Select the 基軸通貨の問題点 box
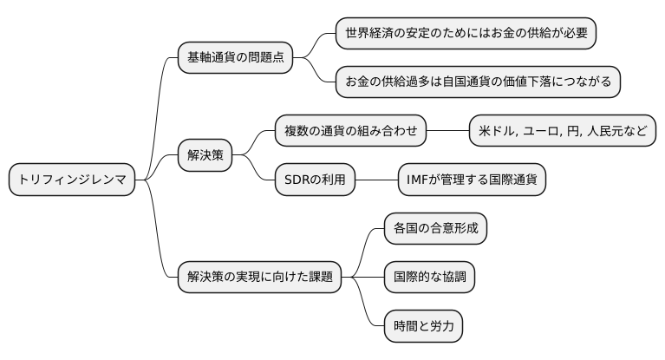click(x=235, y=59)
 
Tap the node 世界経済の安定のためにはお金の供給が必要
click(x=466, y=35)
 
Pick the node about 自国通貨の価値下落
click(x=479, y=82)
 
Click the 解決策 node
click(x=205, y=156)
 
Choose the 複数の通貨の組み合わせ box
click(x=350, y=132)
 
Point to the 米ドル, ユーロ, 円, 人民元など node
click(x=561, y=132)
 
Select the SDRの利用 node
click(x=315, y=180)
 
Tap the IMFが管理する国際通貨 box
click(x=472, y=180)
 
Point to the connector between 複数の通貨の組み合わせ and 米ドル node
click(x=447, y=132)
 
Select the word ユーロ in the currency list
click(x=543, y=132)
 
